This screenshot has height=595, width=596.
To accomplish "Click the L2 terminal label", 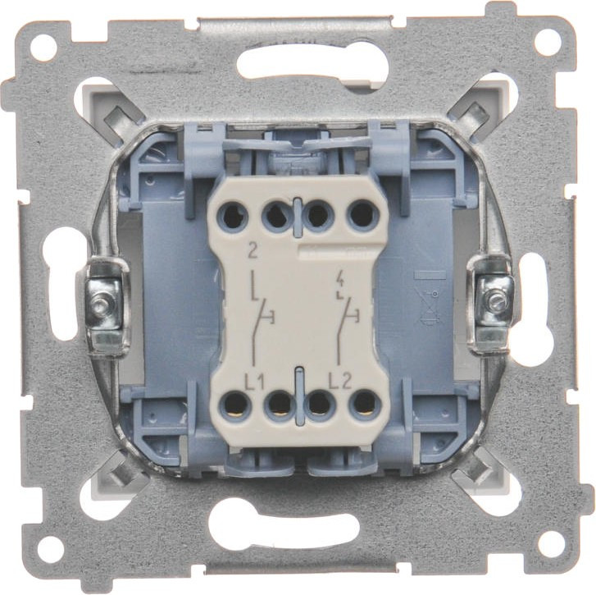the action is [340, 382].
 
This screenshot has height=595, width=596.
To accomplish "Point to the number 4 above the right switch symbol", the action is [340, 282].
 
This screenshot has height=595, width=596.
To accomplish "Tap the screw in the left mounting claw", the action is [102, 303].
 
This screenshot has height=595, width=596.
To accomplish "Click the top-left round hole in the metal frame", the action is [44, 47].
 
